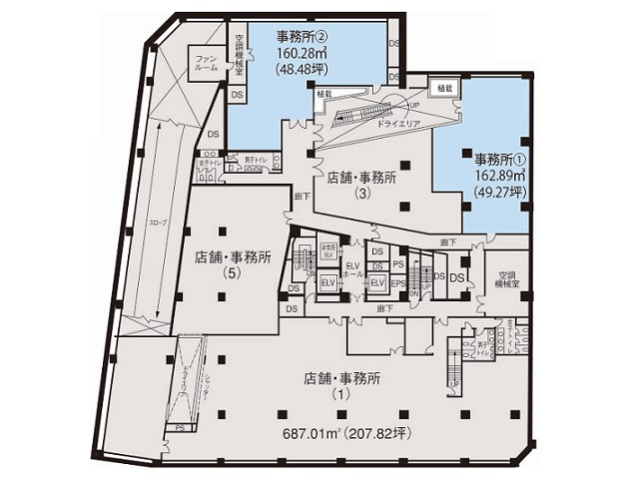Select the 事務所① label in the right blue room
tap(499, 159)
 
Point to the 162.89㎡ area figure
tap(500, 176)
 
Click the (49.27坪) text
tap(500, 192)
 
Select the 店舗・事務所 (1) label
tap(342, 385)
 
